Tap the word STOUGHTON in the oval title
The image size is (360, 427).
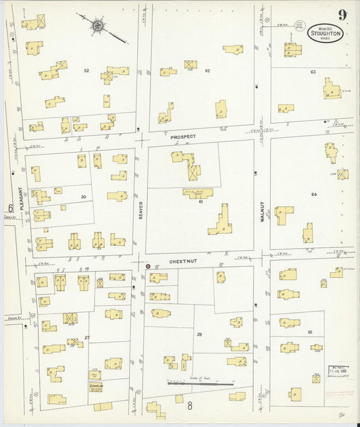(325, 32)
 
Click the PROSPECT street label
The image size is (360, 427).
(182, 136)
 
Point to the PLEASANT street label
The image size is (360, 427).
(22, 199)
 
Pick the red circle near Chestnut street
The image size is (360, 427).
(148, 266)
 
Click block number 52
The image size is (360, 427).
(86, 70)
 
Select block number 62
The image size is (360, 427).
(207, 70)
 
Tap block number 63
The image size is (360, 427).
(313, 71)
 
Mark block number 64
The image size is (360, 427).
(313, 195)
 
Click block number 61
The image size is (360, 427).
(201, 201)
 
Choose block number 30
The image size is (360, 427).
(84, 197)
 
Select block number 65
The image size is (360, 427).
(310, 332)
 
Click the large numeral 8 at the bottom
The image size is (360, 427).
(190, 405)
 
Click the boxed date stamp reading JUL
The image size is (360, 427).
(338, 370)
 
